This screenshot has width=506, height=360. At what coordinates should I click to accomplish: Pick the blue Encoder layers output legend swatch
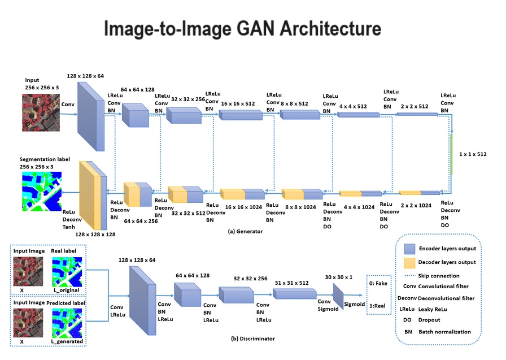(417, 248)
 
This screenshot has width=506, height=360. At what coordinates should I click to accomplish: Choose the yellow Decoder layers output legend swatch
(417, 262)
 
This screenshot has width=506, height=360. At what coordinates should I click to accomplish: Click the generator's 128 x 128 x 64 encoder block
(90, 116)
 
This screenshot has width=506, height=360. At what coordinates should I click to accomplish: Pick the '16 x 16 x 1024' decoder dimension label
(244, 207)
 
